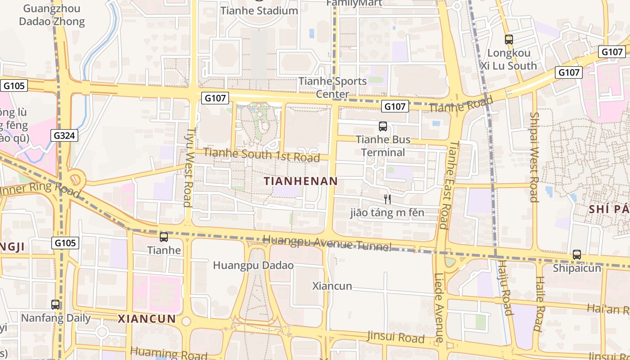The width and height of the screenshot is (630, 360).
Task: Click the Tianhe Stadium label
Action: [x=259, y=11]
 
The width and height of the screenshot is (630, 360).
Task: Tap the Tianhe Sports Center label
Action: [x=333, y=87]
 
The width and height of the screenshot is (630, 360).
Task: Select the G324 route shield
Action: [x=64, y=135]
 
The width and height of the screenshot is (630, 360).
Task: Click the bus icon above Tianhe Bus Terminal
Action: [x=383, y=126]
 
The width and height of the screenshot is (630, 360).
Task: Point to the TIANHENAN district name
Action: [x=301, y=181]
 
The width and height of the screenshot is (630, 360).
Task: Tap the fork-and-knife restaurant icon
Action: [x=387, y=199]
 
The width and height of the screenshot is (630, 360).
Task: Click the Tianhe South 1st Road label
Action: [x=261, y=155]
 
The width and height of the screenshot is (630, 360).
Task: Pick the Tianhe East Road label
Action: [x=449, y=185]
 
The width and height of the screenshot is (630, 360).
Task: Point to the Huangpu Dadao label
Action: [x=253, y=265]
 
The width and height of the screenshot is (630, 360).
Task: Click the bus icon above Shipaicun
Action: [x=577, y=255]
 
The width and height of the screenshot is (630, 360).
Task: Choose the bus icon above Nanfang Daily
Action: [x=55, y=305]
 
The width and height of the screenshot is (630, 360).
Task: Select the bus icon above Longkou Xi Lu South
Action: [x=508, y=40]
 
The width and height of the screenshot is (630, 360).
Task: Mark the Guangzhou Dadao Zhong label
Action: [x=52, y=15]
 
